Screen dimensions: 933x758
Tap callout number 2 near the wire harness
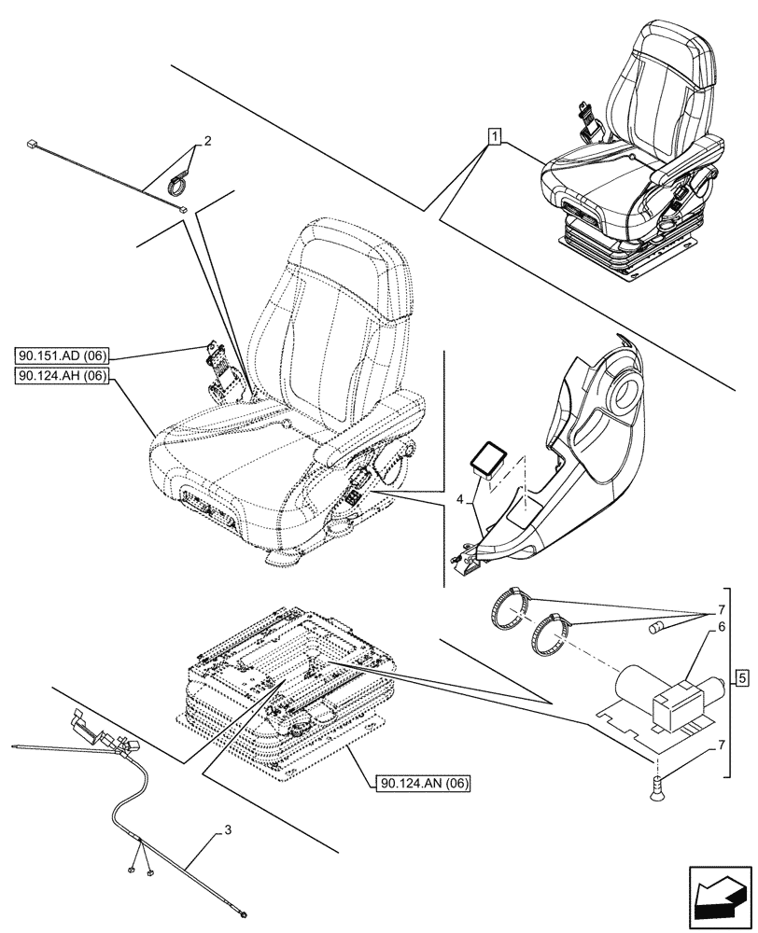207,142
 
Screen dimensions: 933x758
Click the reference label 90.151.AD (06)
63,355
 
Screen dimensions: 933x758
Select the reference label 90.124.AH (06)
63,376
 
